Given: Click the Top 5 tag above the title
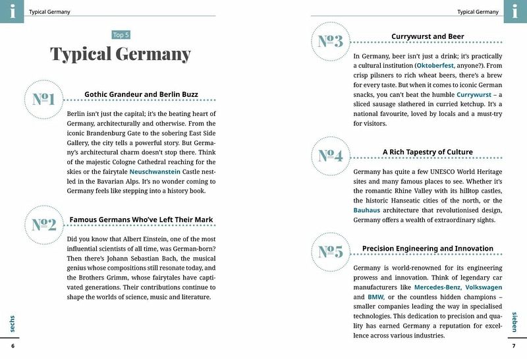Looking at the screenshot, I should coord(121,35).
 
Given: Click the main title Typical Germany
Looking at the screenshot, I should coord(121,54).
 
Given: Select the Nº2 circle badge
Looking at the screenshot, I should coord(43,224).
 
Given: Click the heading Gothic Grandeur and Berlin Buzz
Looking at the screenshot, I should coord(141,94).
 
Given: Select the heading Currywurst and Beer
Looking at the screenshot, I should coord(428,36).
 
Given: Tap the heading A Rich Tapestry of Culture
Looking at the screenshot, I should coord(428,152).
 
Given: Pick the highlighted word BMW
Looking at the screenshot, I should coord(375,297).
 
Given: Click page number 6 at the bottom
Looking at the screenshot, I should coord(13,346).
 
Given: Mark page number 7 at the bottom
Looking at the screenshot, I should coord(514,346).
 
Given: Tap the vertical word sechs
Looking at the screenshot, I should coord(13,323).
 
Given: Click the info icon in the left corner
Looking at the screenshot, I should coord(12,11).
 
